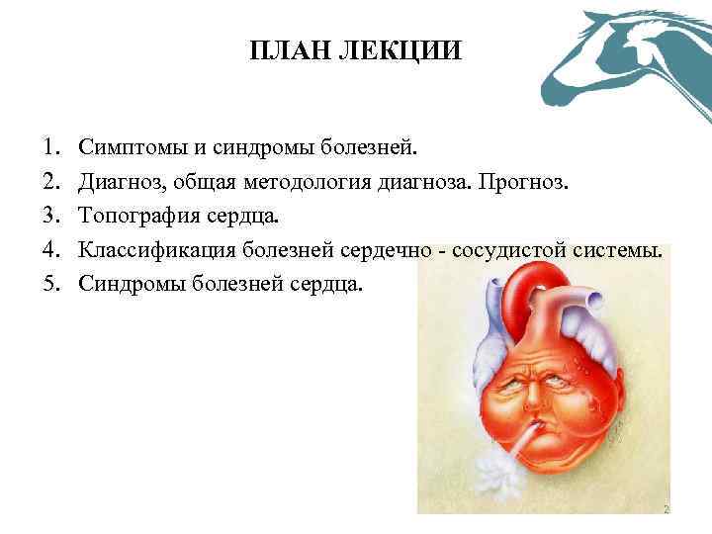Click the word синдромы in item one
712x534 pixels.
click(x=263, y=147)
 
